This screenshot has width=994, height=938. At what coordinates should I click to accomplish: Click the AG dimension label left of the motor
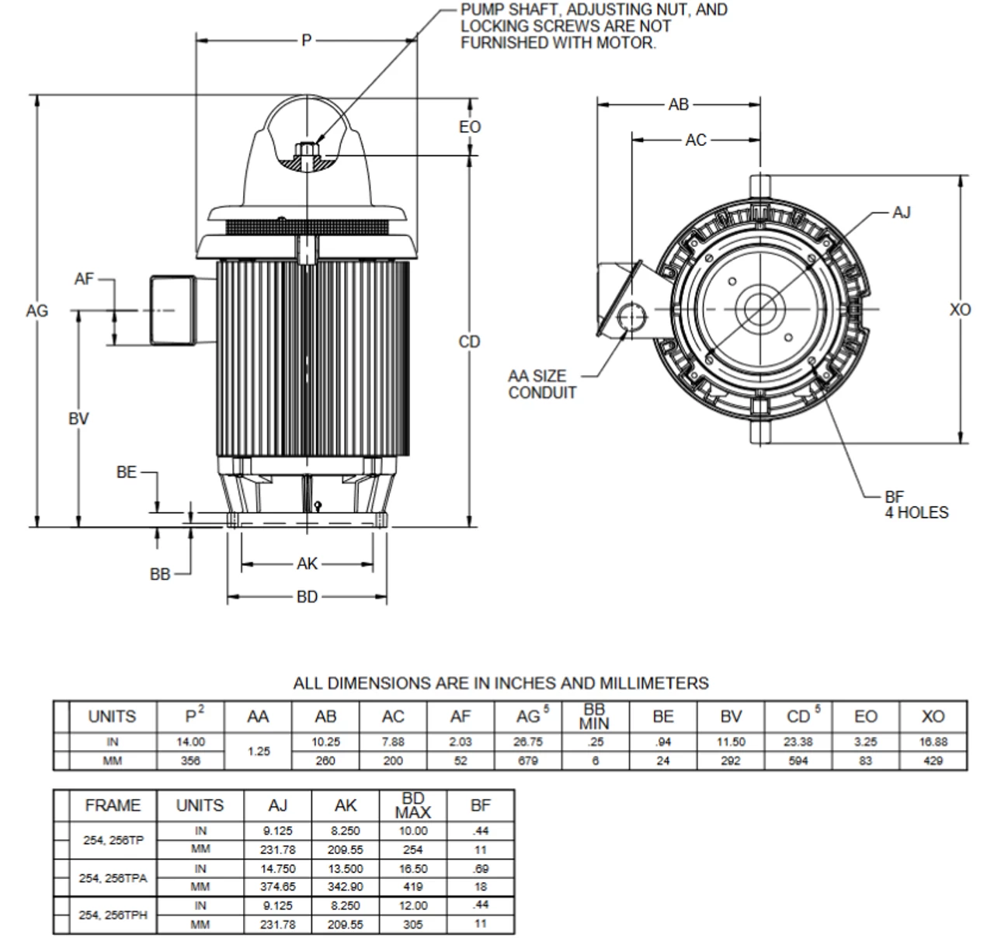36,311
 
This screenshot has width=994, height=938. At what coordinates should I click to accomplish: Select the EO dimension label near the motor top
470,127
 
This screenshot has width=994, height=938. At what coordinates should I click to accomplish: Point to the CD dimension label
470,342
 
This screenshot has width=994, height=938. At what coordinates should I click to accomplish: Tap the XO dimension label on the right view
961,310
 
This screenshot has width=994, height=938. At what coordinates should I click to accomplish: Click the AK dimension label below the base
308,564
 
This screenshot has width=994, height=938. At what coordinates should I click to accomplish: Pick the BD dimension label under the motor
308,597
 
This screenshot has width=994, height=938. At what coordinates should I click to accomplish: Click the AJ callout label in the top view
901,212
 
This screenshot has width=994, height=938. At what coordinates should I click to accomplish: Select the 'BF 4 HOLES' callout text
916,505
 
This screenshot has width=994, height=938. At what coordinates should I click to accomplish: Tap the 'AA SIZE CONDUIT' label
542,384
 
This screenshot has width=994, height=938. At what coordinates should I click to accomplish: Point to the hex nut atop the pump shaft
308,149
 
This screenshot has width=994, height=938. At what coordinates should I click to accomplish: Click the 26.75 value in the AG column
528,742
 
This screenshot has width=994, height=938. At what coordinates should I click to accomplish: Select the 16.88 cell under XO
933,742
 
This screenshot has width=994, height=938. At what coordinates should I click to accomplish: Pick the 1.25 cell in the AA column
258,752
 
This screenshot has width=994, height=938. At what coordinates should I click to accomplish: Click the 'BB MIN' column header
595,717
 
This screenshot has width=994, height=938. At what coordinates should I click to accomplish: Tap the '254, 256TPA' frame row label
113,878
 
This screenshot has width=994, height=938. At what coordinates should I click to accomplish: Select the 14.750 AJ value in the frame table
277,869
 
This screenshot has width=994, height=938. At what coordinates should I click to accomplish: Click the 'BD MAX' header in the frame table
413,805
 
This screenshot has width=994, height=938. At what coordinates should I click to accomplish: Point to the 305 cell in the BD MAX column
413,925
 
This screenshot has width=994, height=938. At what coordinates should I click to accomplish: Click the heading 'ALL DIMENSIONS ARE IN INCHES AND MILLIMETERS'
501,683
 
